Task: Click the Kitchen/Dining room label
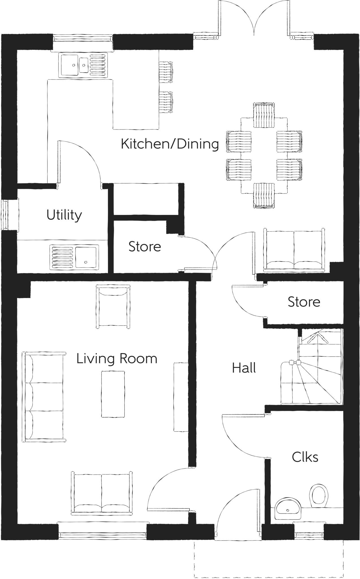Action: coord(170,144)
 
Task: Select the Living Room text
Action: coord(117,359)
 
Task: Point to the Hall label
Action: coord(244,368)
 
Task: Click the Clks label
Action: coord(305,457)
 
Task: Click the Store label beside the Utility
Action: coord(145,247)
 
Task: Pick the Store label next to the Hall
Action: coord(304,302)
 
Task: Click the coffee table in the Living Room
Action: coord(113,394)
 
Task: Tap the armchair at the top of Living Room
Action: coord(113,307)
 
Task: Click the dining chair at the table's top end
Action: coord(264,115)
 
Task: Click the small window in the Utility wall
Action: coord(5,215)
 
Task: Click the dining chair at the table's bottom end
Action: coord(264,196)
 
